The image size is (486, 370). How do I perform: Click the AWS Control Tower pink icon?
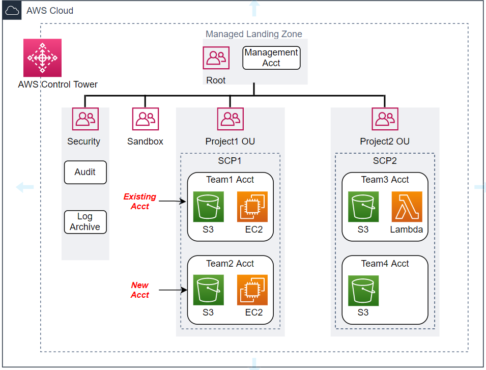tap(42, 58)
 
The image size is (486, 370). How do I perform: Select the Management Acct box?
tap(271, 58)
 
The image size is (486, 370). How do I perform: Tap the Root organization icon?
tap(216, 58)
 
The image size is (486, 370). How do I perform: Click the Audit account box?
tap(85, 173)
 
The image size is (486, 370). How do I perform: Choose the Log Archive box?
tap(85, 222)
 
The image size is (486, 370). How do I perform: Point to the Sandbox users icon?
tap(146, 119)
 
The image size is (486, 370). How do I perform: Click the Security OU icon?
tap(85, 119)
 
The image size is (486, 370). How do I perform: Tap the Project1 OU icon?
tap(230, 119)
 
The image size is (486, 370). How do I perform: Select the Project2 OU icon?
tap(385, 119)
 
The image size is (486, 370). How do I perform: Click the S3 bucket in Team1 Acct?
tap(208, 207)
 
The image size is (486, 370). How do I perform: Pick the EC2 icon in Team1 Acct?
tap(252, 207)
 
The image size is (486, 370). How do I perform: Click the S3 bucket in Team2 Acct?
tap(208, 290)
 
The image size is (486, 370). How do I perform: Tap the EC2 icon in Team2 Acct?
tap(252, 290)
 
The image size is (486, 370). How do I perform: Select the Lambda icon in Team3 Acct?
tap(407, 207)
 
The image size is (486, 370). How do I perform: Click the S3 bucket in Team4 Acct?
tap(363, 290)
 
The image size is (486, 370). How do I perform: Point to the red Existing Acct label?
tap(140, 202)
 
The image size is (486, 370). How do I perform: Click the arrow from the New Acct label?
tap(172, 291)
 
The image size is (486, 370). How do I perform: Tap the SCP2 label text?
tap(385, 161)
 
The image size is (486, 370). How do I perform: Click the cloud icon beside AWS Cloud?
tap(11, 10)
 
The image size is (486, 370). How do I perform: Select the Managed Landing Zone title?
tap(254, 34)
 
